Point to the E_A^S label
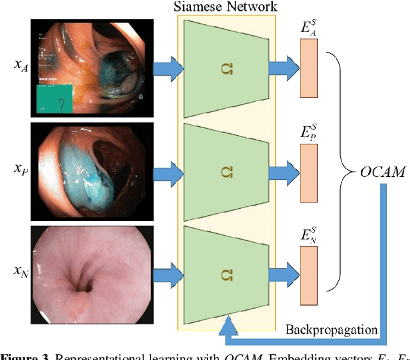pos(309,29)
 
